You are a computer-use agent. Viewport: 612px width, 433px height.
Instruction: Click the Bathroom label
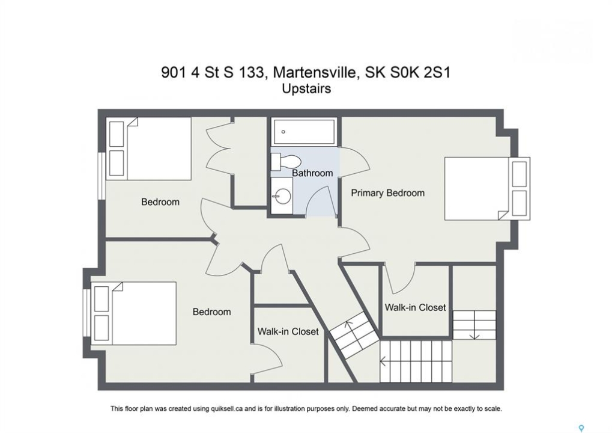tap(312, 173)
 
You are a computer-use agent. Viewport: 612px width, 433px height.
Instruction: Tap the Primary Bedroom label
tap(387, 193)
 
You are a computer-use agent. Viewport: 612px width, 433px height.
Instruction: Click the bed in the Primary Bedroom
tap(487, 188)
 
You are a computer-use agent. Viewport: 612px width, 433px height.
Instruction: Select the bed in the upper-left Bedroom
tap(149, 149)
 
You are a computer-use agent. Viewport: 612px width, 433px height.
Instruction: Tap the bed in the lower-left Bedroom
tap(133, 313)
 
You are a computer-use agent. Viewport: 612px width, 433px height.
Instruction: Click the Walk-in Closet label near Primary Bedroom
tap(415, 307)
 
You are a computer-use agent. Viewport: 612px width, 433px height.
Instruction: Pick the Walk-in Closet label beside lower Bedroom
tap(288, 332)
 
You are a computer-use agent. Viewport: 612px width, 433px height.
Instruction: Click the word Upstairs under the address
tap(306, 89)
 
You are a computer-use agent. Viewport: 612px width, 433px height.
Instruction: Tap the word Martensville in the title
tap(316, 73)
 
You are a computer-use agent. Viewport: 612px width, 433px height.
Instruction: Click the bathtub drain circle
tap(283, 132)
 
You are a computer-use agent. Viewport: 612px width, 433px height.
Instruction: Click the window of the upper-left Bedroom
tap(101, 176)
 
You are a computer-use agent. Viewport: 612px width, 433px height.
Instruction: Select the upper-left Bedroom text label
tap(160, 202)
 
